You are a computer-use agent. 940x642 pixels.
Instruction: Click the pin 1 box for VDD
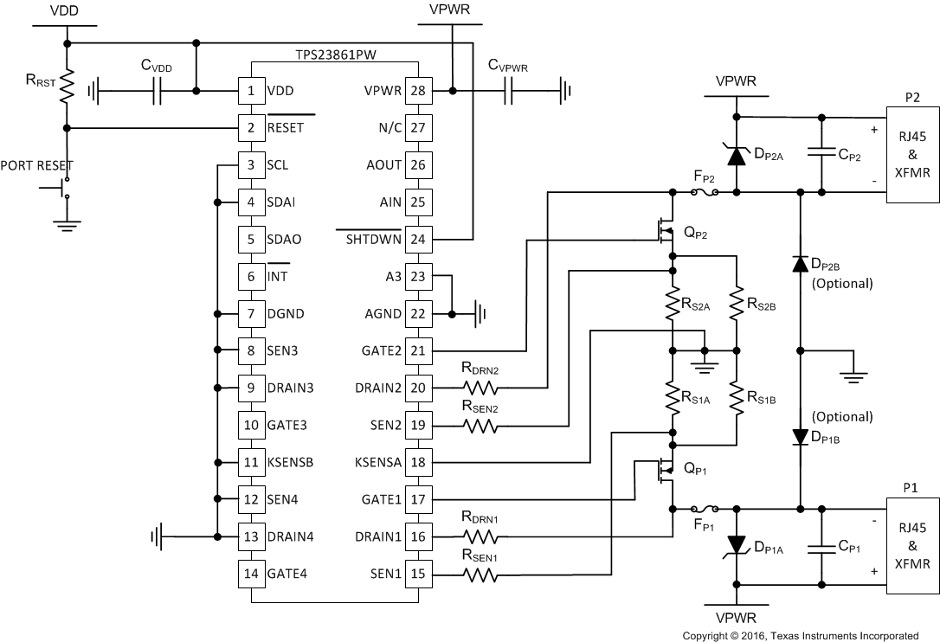[251, 90]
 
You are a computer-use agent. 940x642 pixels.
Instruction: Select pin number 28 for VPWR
[418, 90]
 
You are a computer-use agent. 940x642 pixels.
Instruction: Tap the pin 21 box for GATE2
[418, 350]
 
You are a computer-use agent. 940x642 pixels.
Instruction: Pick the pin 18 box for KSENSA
[418, 462]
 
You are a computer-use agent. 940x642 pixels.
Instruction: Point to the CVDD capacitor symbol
[158, 90]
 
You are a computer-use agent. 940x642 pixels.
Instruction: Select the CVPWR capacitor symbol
[510, 90]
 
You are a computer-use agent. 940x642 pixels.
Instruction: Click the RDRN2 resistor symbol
[480, 388]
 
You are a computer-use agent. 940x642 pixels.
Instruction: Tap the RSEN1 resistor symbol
[480, 574]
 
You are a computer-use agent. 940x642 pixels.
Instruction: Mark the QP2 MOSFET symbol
[666, 229]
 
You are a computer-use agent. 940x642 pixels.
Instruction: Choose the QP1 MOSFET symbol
[666, 472]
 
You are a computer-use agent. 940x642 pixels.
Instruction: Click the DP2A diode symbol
[736, 156]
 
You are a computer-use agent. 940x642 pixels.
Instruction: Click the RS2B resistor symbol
[736, 303]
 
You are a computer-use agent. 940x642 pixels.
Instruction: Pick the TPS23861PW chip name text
[334, 54]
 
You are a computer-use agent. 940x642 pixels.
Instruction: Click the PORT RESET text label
[37, 165]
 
